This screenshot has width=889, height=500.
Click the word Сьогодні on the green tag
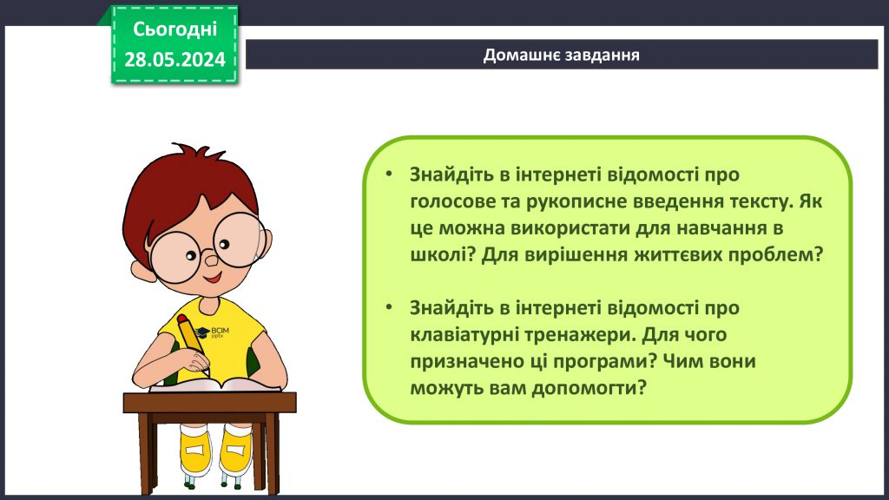click(175, 30)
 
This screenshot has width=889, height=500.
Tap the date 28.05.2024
click(175, 59)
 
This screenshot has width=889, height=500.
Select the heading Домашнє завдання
click(562, 55)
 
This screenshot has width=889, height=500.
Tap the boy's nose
click(210, 258)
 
